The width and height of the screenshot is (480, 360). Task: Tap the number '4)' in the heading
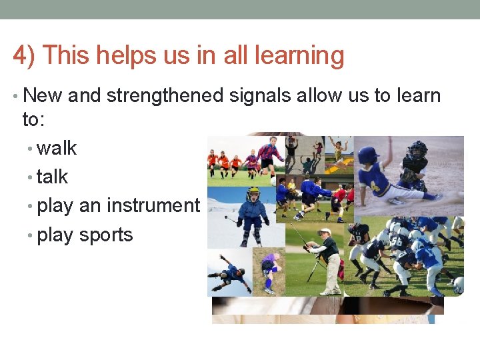point(24,56)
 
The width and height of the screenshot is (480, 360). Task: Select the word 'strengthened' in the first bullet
point(165,95)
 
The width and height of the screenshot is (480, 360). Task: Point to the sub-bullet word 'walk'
point(57,147)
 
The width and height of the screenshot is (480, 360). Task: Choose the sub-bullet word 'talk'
point(53,177)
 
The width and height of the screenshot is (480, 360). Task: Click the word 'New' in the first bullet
point(43,95)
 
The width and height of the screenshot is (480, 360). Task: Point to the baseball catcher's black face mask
point(418,151)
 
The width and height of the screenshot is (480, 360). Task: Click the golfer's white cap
point(324,232)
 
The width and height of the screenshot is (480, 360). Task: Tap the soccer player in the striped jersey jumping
point(268,152)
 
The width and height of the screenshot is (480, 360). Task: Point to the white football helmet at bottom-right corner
point(458,285)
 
